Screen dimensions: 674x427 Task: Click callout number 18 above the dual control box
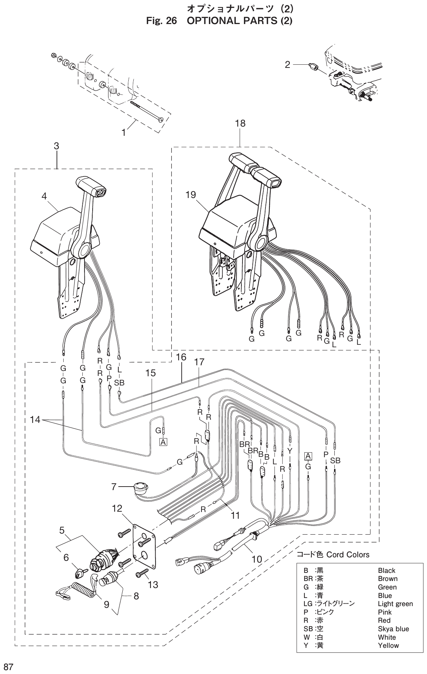pos(240,123)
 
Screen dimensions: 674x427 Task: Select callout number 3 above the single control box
pos(57,146)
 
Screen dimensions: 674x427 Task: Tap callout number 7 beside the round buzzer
pos(113,487)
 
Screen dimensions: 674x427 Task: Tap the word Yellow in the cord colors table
pos(388,645)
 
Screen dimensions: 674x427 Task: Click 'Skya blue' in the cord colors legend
pos(393,629)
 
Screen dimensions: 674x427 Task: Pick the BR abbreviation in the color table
pos(308,579)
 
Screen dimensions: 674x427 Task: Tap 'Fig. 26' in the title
pos(161,21)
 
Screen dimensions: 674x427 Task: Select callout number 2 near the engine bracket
pos(287,64)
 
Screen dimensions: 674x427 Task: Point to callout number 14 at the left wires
pos(35,420)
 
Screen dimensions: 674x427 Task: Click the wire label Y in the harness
pos(290,451)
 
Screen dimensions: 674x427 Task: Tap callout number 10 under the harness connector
pos(257,559)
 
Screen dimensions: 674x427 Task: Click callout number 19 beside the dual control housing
pos(191,195)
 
